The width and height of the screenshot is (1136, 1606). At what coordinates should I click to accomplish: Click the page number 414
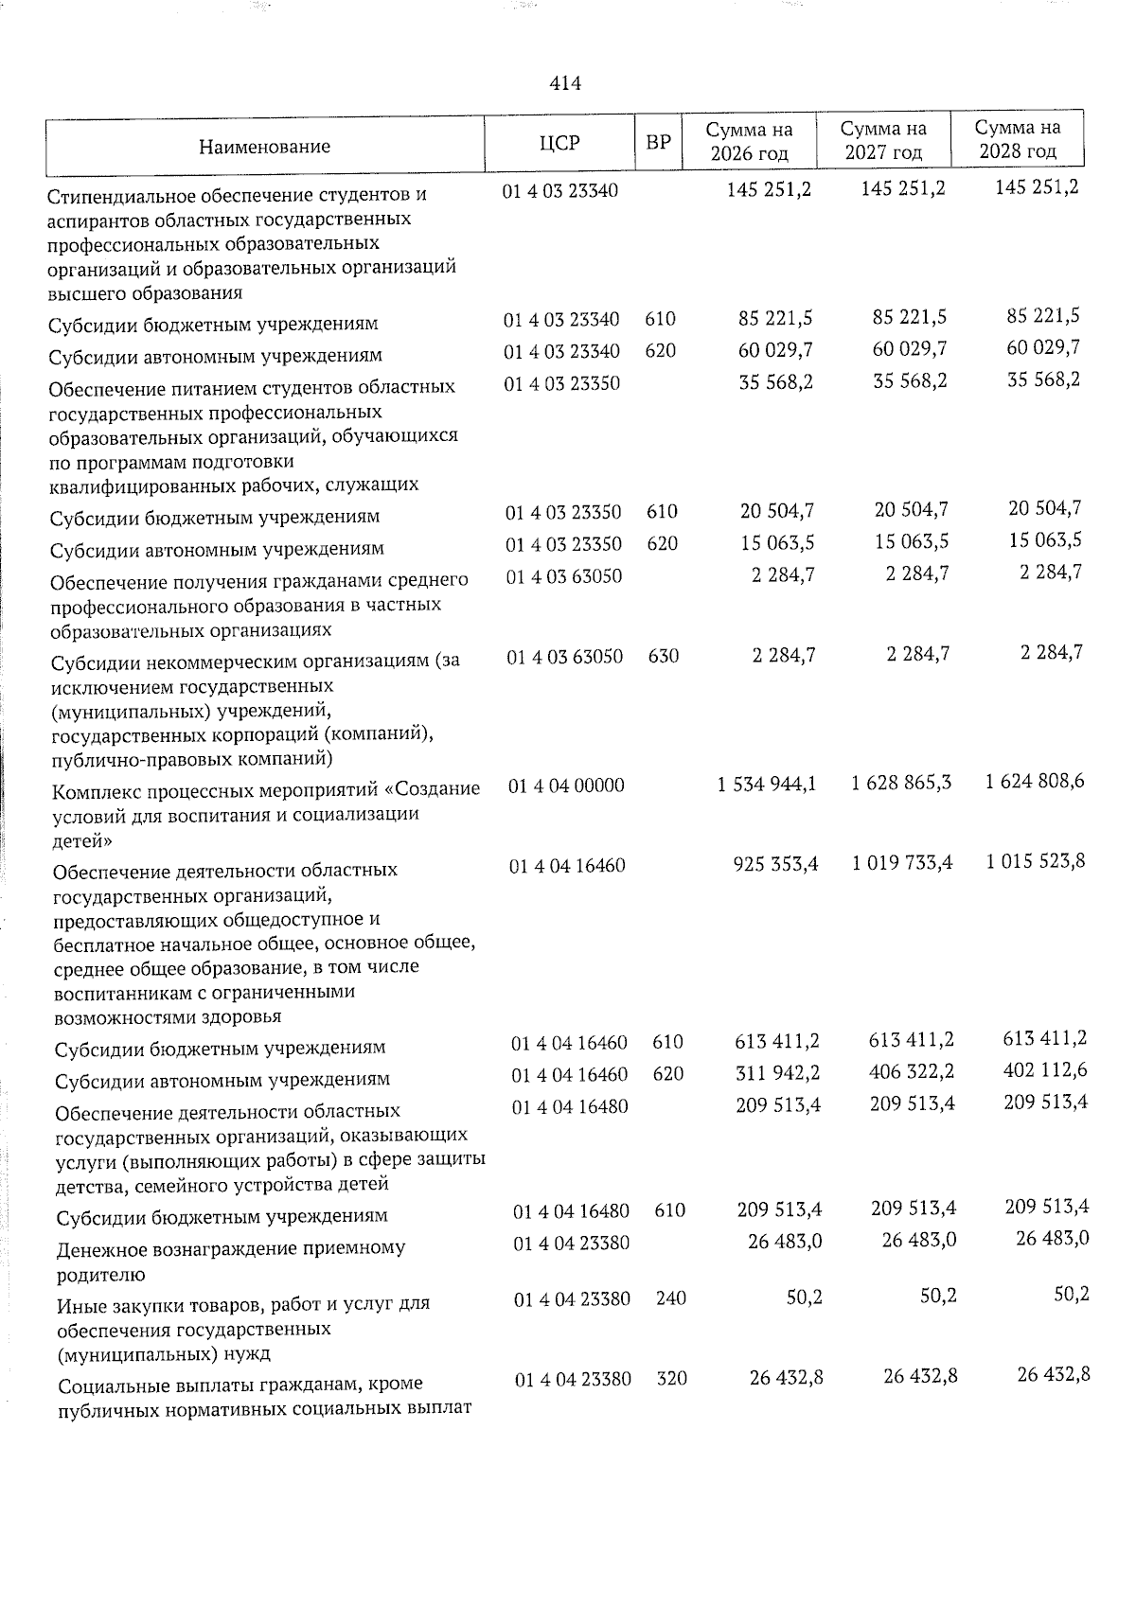pyautogui.click(x=565, y=83)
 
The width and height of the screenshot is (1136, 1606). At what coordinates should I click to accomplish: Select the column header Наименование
pyautogui.click(x=264, y=147)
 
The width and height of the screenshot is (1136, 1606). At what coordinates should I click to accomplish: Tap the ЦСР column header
pyautogui.click(x=559, y=143)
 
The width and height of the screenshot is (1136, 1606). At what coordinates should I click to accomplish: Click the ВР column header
pyautogui.click(x=658, y=143)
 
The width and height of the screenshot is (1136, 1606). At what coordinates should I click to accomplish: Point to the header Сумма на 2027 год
pyautogui.click(x=883, y=141)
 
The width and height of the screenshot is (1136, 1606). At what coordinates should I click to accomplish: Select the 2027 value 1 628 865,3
pyautogui.click(x=901, y=783)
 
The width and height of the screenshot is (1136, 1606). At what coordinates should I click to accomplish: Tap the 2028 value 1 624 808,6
pyautogui.click(x=1035, y=782)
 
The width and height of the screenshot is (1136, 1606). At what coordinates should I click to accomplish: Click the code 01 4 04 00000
pyautogui.click(x=566, y=785)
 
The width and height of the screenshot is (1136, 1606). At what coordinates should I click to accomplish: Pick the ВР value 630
pyautogui.click(x=664, y=655)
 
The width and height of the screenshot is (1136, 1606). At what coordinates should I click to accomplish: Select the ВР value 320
pyautogui.click(x=672, y=1379)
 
